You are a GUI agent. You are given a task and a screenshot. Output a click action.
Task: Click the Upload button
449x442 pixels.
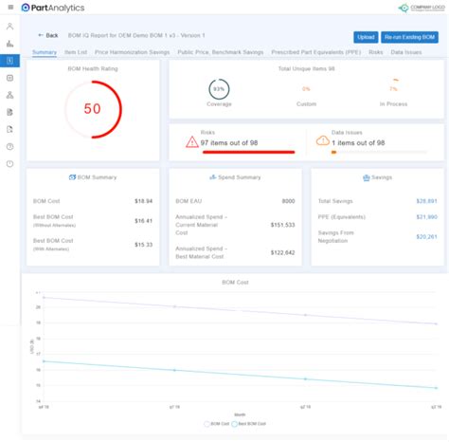[x=367, y=36]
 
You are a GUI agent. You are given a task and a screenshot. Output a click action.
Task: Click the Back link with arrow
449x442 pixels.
[x=47, y=35]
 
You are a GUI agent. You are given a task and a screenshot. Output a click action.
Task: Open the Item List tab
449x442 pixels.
[x=77, y=52]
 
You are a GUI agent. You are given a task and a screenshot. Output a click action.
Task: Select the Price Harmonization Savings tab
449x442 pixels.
[x=132, y=52]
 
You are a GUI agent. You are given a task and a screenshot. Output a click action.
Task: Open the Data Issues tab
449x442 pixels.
[x=406, y=52]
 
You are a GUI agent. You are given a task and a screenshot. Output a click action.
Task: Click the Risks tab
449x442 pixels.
[x=376, y=52]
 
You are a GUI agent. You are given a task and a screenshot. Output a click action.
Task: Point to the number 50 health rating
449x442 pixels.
[x=92, y=109]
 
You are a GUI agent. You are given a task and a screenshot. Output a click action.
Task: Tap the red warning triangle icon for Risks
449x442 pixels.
[x=192, y=141]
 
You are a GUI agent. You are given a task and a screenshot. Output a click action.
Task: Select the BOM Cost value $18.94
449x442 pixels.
[x=143, y=201]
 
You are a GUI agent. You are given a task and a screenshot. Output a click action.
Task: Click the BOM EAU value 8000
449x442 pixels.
[x=288, y=201]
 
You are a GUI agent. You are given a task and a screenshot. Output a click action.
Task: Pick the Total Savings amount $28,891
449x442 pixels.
[x=426, y=201]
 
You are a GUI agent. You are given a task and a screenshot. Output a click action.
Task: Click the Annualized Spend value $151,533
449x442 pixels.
[x=282, y=225]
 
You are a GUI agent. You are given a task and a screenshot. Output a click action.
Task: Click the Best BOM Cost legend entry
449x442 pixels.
[x=248, y=424]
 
